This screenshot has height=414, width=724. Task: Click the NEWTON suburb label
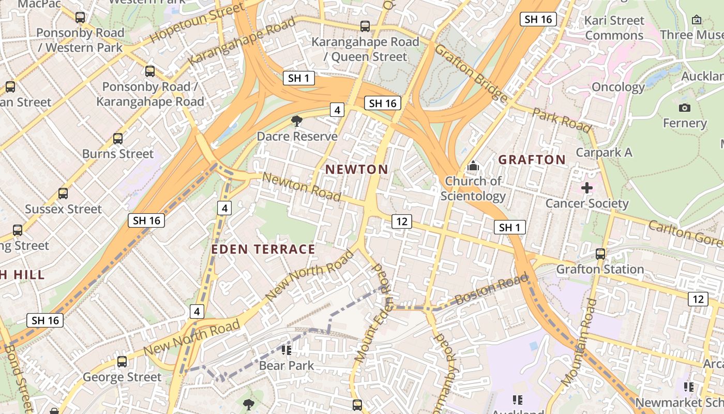point(356,169)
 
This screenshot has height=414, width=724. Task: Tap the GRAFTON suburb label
point(532,159)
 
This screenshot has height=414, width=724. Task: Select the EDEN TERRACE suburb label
point(263,249)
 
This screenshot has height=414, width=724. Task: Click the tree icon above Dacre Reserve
point(297,122)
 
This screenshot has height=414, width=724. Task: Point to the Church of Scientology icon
point(473,166)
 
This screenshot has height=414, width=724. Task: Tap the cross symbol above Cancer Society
point(586,188)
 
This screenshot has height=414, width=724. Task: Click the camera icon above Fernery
point(684,108)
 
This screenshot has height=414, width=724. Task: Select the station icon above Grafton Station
point(600,254)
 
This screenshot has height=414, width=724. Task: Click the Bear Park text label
point(286,365)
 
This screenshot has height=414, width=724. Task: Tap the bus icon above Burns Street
point(118,139)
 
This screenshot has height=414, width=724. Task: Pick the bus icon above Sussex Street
point(63,194)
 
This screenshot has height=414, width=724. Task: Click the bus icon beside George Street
point(122,362)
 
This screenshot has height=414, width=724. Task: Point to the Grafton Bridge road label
point(471,73)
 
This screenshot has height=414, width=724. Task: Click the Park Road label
point(562,120)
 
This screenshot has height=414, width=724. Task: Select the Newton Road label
point(301,187)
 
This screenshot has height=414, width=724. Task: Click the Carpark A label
point(604,152)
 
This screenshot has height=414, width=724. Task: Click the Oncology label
point(618,87)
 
